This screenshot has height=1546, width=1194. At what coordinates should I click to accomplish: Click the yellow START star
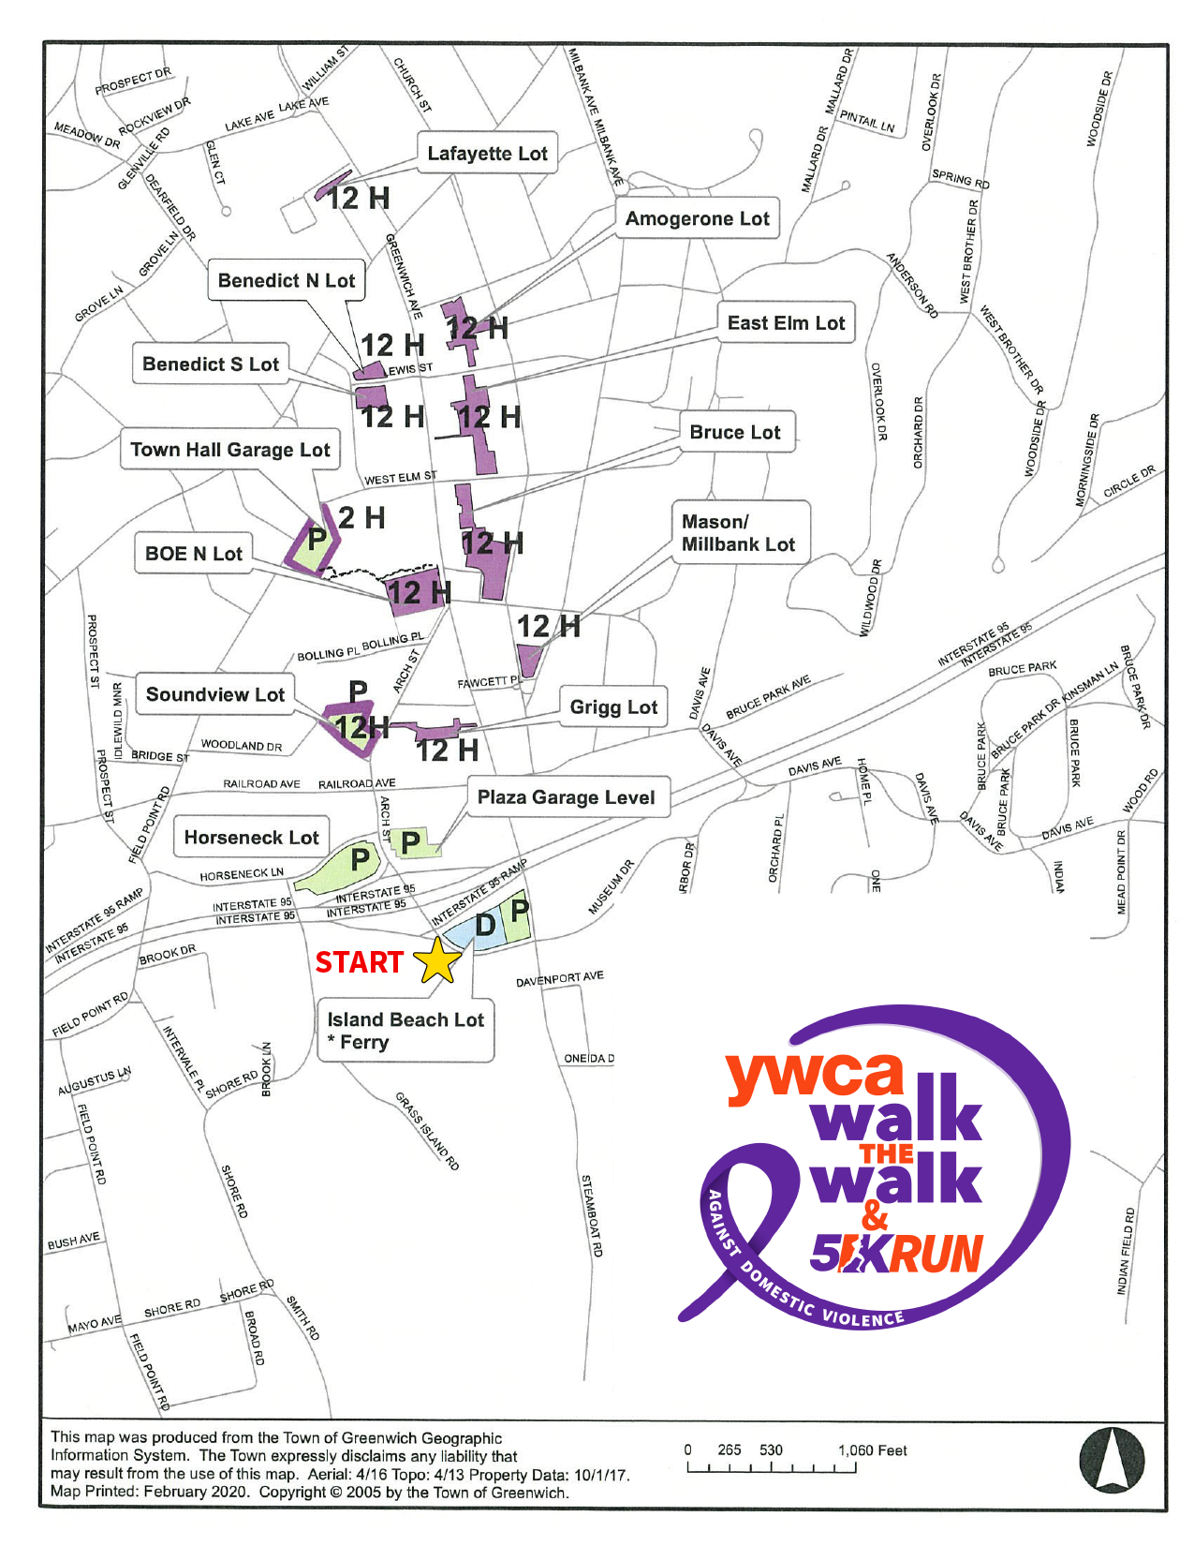pos(437,960)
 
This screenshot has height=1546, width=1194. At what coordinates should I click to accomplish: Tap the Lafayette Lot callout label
pos(487,153)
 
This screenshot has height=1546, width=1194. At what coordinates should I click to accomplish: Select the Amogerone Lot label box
pos(697,218)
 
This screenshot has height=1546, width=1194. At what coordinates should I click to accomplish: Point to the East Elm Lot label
pos(786,323)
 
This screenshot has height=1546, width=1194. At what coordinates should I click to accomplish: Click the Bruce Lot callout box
pos(735,432)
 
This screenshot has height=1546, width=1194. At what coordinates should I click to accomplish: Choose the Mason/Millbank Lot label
pos(739,533)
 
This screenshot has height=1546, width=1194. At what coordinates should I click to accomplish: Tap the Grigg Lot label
pos(613,707)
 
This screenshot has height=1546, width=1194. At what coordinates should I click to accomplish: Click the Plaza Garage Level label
pos(566,797)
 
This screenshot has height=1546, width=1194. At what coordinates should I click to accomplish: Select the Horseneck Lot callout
pos(251,838)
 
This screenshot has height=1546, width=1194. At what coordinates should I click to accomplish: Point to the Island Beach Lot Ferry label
pos(405,1031)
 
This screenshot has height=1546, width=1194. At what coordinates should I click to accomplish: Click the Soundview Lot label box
pos(214,694)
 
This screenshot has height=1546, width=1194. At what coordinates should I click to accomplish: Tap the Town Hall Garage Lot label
pos(229,450)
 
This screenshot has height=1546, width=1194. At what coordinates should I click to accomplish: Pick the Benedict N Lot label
pos(286,280)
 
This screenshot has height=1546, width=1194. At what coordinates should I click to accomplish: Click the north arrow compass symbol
pos(1112,1459)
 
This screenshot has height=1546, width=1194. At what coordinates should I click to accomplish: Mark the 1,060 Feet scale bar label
pos(872,1450)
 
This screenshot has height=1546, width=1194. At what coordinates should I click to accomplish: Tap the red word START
pos(359,962)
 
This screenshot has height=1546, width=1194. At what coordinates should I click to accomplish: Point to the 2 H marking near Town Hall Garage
pos(361,517)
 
